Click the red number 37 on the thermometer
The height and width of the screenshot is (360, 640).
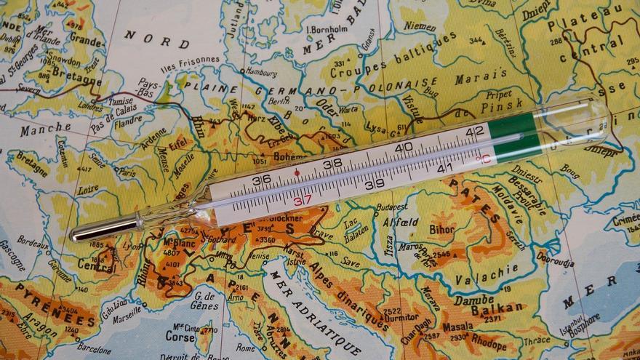pyautogui.click(x=302, y=199)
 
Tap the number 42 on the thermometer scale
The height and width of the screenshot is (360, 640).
pyautogui.click(x=475, y=132)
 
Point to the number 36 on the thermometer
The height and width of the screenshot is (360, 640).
pyautogui.click(x=261, y=180)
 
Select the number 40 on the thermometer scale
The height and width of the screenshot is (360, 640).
pyautogui.click(x=404, y=148)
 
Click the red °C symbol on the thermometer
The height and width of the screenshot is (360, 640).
pyautogui.click(x=482, y=158)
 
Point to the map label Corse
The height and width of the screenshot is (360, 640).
pyautogui.click(x=180, y=337)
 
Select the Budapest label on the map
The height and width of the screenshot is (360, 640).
pyautogui.click(x=391, y=207)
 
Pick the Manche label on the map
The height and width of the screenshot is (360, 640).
pyautogui.click(x=45, y=130)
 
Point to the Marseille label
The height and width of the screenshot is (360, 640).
pyautogui.click(x=127, y=318)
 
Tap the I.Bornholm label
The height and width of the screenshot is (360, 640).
pyautogui.click(x=327, y=29)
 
